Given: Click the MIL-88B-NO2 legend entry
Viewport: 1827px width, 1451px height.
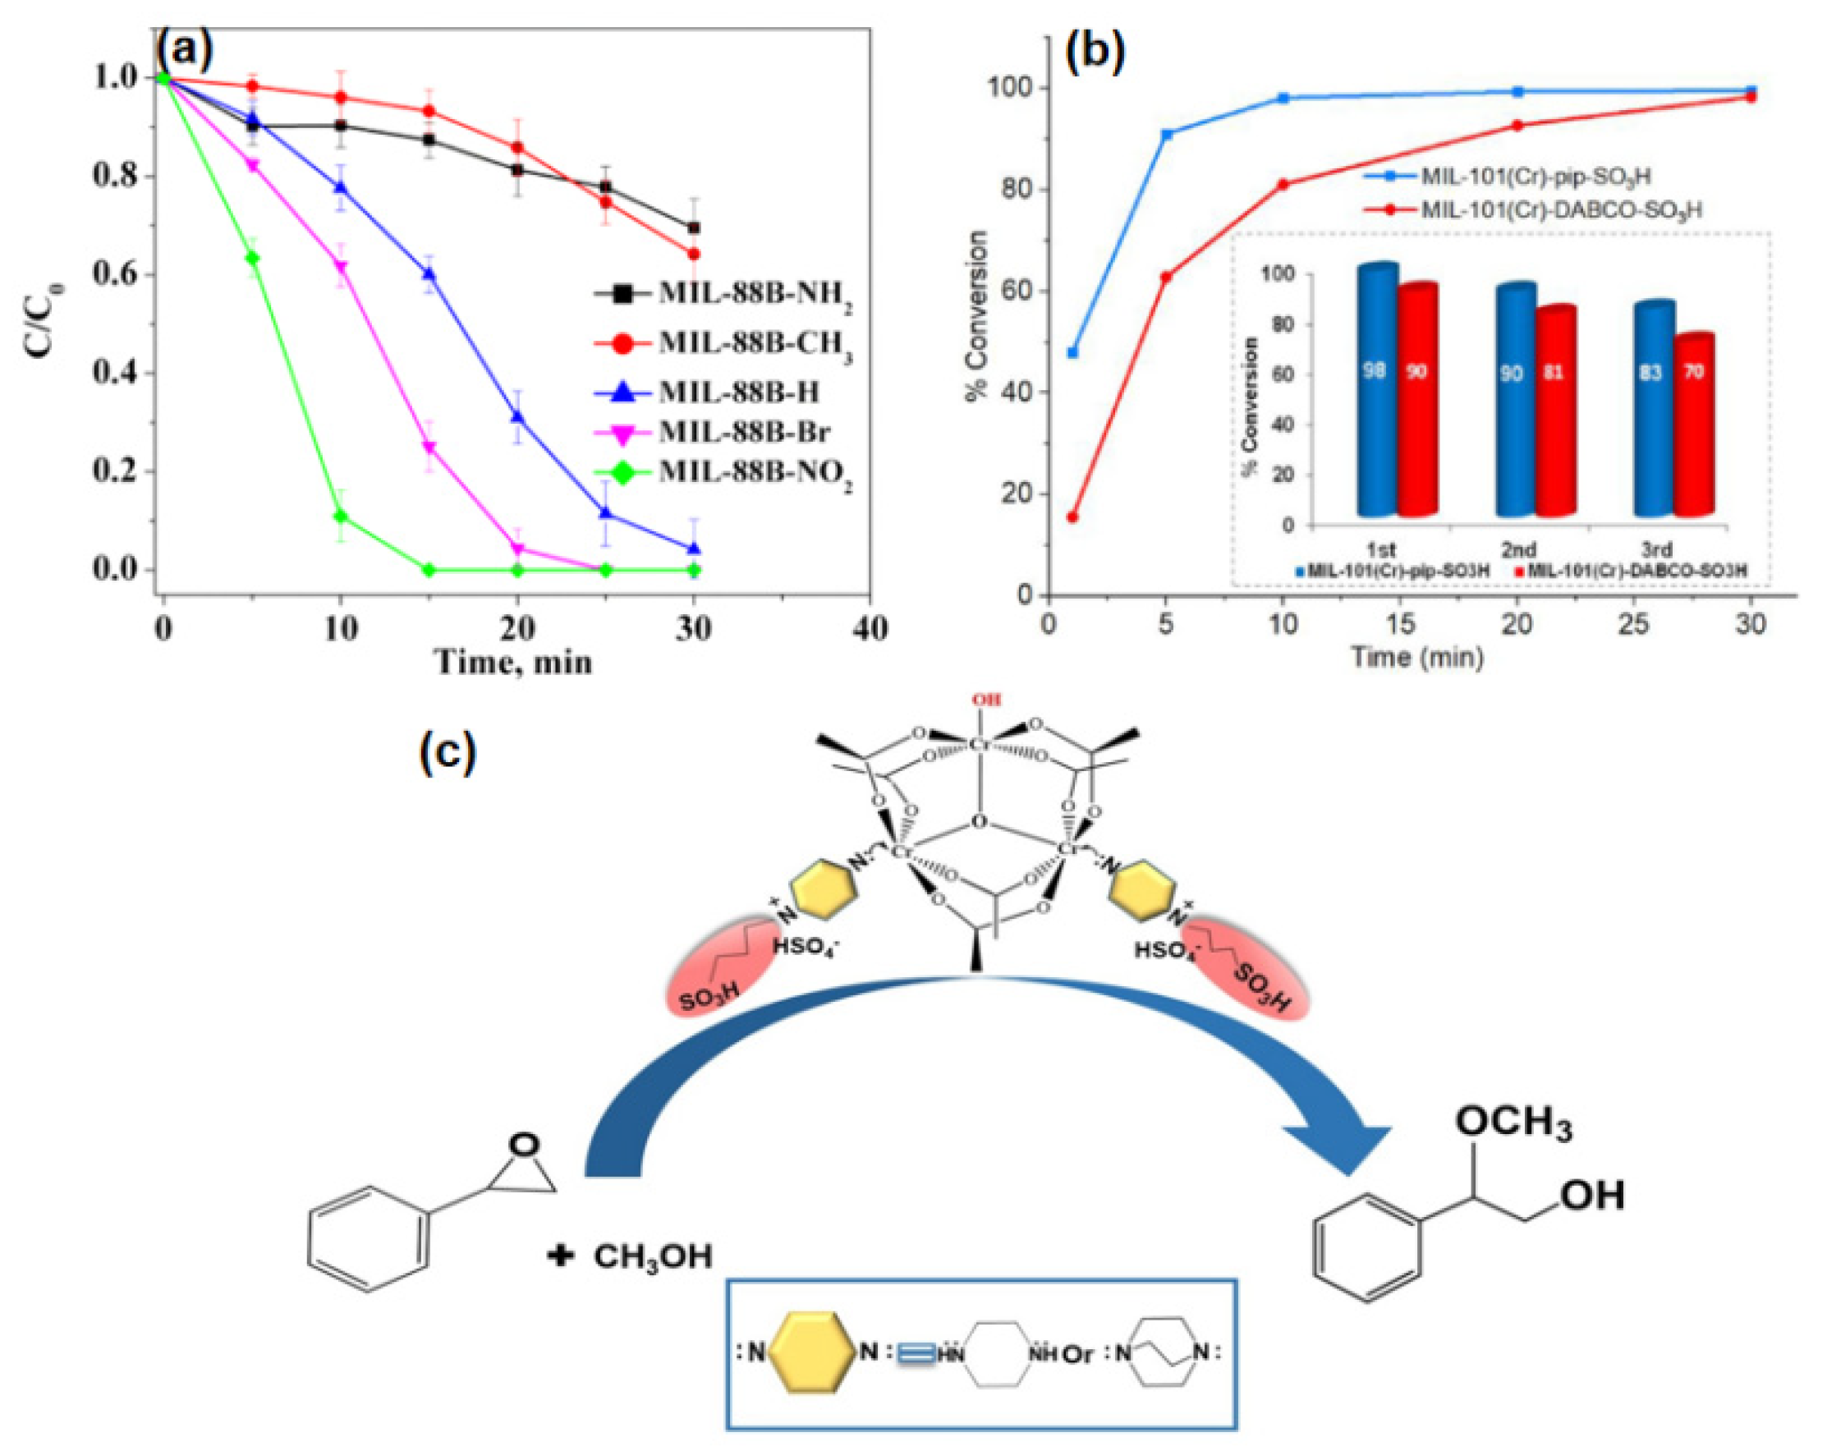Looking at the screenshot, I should [754, 472].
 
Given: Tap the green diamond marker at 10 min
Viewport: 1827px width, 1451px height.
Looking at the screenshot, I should [341, 516].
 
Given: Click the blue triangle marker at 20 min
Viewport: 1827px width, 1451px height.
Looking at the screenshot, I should [517, 416].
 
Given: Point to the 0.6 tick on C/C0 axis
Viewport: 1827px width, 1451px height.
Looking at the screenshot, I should [115, 275].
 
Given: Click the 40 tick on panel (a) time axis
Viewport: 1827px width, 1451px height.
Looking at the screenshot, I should [870, 628].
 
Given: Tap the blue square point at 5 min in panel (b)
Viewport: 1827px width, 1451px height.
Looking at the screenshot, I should [1166, 134].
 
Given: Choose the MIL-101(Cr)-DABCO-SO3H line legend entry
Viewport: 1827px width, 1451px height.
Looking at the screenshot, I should [1559, 209].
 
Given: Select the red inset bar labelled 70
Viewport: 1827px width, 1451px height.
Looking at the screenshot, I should [1693, 424].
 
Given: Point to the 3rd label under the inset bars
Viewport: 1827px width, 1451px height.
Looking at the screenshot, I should [1656, 549].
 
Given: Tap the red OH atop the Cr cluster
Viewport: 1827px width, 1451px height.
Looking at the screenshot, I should [985, 700].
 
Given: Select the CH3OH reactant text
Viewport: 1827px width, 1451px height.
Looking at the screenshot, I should [653, 1256].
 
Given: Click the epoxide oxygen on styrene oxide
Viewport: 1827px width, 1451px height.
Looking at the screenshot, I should [525, 1144].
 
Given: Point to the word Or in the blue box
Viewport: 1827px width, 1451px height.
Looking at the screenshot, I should [1078, 1354].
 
